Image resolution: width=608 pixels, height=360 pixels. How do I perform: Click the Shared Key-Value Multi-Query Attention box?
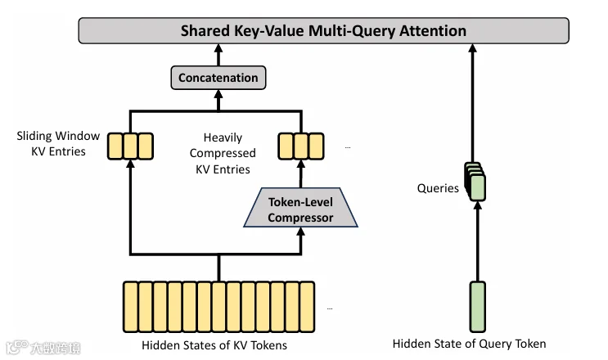tap(323, 30)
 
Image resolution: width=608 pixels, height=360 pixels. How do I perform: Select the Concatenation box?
tap(218, 78)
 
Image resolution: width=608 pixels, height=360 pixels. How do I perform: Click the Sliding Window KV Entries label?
tap(58, 143)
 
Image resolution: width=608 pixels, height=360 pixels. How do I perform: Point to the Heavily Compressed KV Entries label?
tap(223, 153)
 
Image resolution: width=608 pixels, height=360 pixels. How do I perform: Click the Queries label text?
tap(438, 188)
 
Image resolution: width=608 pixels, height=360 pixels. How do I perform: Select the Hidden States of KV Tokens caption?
tap(214, 345)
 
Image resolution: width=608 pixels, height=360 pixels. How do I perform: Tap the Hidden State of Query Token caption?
tap(469, 344)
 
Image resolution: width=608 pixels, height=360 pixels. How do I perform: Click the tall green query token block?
tap(478, 307)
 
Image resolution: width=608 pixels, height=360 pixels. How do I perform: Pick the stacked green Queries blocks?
tap(475, 182)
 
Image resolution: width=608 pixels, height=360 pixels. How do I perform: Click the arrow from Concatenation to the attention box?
tap(218, 55)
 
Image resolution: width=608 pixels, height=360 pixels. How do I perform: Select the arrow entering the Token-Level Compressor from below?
tap(300, 241)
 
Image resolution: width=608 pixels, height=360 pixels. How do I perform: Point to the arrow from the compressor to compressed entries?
tap(300, 174)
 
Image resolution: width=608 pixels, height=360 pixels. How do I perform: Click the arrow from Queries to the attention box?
tap(472, 103)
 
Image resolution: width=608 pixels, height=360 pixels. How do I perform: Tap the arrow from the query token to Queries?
tap(478, 241)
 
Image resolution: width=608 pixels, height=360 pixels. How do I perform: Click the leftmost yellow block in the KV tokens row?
tap(130, 307)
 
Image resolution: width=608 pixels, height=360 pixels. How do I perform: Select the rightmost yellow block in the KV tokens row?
tap(307, 307)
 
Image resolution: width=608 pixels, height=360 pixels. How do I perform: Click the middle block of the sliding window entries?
tap(130, 146)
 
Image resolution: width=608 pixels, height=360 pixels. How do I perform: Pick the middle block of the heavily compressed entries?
tap(301, 146)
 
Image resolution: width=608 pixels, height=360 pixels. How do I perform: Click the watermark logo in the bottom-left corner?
tap(43, 348)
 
